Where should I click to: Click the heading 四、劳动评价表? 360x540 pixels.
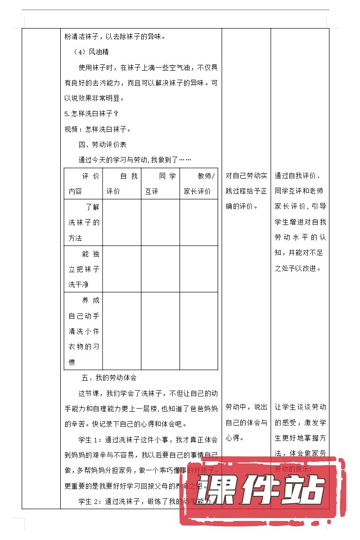coord(102,144)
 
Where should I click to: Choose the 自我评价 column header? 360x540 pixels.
coord(122,184)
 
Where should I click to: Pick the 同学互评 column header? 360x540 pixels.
coord(160,184)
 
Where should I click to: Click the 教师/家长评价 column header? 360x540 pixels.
coord(198,184)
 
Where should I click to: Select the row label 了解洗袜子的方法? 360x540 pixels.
coord(84,222)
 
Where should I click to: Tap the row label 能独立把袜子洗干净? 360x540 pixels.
coord(84,269)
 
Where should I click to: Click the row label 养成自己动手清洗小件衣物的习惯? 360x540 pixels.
coord(84,331)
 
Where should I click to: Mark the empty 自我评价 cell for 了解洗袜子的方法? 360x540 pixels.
coord(122,222)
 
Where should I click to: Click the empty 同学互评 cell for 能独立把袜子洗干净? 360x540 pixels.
coord(160,269)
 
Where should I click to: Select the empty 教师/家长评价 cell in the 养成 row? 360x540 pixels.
coord(198,331)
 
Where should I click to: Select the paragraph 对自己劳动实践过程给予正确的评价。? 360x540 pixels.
coord(246,191)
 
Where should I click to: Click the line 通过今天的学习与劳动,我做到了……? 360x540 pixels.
coord(135,160)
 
